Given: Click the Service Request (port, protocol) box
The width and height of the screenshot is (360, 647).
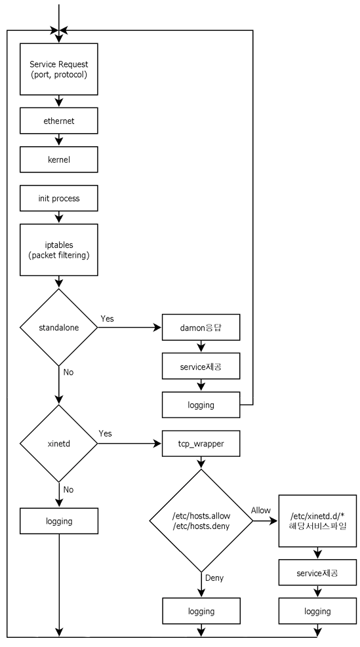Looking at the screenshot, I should tap(59, 69).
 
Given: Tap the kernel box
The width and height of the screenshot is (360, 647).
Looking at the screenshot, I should tap(59, 159).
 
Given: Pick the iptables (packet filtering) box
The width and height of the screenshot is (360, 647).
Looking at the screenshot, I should tap(59, 249).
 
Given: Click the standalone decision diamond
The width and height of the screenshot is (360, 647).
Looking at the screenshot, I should tap(59, 327).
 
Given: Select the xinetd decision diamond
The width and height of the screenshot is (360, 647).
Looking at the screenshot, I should tap(59, 444).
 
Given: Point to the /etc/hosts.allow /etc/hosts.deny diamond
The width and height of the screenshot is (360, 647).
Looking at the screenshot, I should tap(200, 522).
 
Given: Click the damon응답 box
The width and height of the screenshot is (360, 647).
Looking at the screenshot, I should tap(200, 327).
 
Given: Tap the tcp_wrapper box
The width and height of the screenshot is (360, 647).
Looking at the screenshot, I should tap(200, 444).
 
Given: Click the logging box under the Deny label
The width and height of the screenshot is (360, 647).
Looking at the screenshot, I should tap(200, 611).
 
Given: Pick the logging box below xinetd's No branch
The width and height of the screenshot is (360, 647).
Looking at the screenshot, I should tap(59, 522).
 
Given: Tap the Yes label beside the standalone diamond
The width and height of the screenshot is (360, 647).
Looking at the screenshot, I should tap(108, 318).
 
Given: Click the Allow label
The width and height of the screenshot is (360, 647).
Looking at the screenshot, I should tap(260, 510).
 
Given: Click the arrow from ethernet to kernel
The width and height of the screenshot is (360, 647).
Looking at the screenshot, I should tap(59, 140).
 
